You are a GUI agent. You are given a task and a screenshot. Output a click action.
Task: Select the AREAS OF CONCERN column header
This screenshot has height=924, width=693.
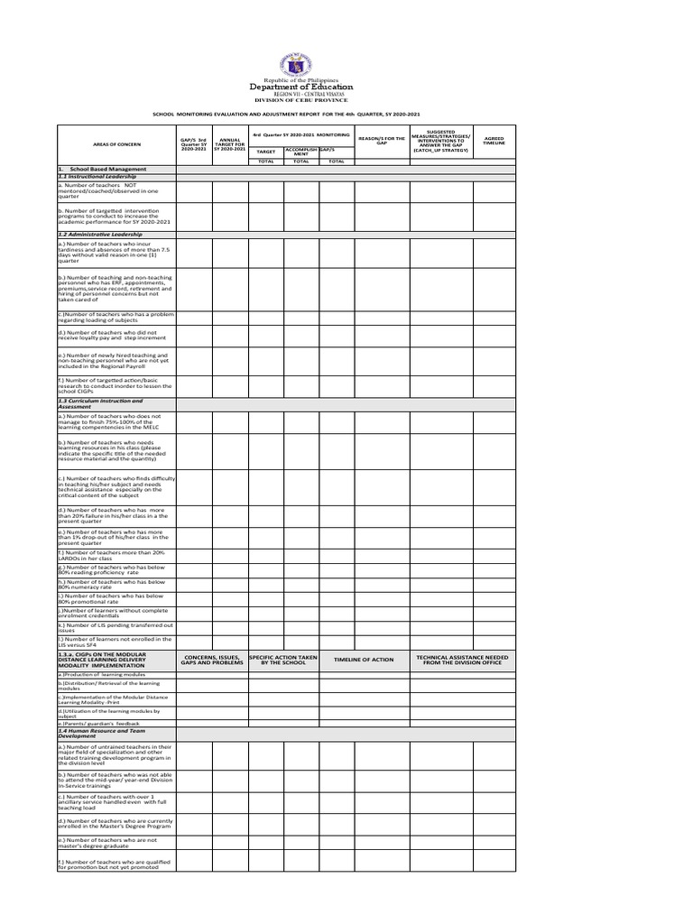pos(116,143)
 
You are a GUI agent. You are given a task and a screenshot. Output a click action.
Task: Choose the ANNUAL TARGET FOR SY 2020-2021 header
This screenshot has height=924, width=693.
pos(230,143)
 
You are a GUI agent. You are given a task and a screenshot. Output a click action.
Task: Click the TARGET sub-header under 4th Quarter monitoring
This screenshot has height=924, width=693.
pos(266,151)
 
